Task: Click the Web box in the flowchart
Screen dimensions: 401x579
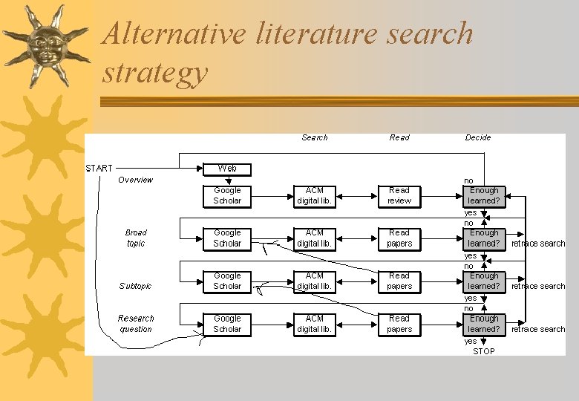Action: pos(227,169)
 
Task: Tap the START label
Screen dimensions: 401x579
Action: pos(99,169)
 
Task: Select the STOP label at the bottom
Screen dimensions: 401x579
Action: pos(483,351)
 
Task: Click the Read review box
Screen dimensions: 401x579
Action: pos(399,195)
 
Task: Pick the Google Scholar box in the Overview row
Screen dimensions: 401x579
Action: pos(227,195)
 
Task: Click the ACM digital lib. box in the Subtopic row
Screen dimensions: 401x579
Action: pos(315,281)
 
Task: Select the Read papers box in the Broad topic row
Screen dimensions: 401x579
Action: pos(399,238)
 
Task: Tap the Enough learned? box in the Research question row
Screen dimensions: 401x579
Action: pos(484,324)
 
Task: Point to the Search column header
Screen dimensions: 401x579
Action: pos(315,137)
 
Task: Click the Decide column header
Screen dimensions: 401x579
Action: pos(478,137)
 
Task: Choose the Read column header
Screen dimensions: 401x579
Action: pos(399,137)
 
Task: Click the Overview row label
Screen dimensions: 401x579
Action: pos(135,180)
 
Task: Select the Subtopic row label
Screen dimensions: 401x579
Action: pos(135,286)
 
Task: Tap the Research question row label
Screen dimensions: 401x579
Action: pos(136,324)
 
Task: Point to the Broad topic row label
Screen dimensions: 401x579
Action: pos(136,238)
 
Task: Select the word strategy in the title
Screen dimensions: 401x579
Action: pos(155,73)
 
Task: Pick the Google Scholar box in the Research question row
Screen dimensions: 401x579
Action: pos(227,324)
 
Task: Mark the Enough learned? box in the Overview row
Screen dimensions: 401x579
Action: pos(484,195)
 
